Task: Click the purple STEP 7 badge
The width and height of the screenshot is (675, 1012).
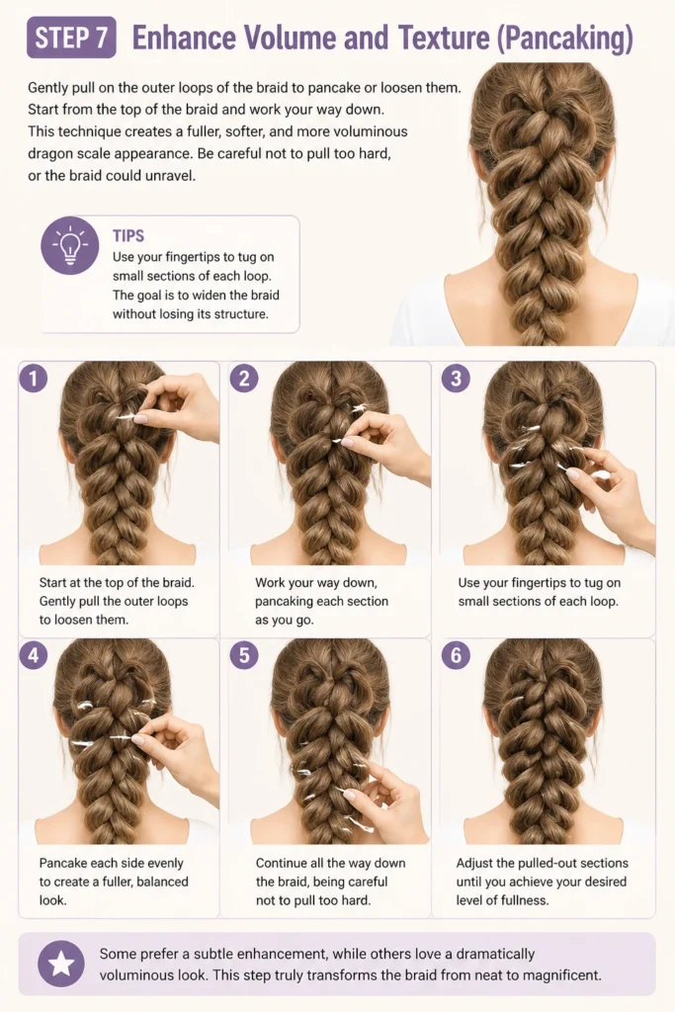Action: tap(71, 38)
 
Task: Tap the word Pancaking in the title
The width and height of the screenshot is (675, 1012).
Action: tap(564, 39)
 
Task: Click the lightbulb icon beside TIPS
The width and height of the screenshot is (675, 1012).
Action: tap(70, 246)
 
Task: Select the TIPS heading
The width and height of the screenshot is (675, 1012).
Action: tap(128, 235)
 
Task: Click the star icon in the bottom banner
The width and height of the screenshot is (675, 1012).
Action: tap(61, 965)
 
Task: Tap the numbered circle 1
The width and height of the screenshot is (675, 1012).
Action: tap(34, 379)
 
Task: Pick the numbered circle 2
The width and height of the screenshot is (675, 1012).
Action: tap(244, 379)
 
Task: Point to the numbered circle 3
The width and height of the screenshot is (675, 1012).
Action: tap(456, 379)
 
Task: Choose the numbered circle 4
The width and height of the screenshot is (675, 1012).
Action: tap(34, 656)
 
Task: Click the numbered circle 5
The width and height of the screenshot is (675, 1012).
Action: tap(244, 656)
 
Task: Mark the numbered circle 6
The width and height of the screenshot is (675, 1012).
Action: tap(456, 656)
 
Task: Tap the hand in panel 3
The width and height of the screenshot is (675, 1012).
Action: tap(610, 490)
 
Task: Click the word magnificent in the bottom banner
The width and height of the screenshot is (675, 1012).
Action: tap(561, 975)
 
